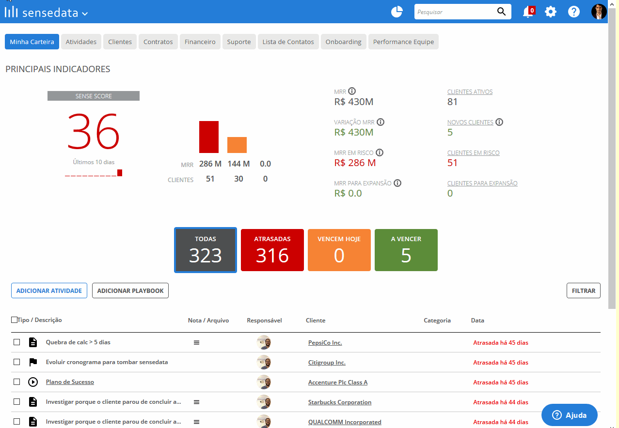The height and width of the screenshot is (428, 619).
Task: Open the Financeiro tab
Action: [200, 42]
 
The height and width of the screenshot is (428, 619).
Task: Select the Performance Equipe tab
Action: [403, 42]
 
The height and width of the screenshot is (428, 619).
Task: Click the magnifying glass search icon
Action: [501, 12]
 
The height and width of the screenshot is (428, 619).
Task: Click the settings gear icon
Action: [551, 12]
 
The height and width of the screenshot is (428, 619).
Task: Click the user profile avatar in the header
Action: [599, 12]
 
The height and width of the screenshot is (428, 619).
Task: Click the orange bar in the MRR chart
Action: [237, 145]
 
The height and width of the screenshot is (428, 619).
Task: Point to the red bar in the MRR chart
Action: [208, 137]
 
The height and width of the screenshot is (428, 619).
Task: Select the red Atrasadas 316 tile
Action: [272, 250]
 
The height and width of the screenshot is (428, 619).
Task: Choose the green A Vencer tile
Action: [406, 250]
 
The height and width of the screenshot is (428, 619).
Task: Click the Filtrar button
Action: [583, 290]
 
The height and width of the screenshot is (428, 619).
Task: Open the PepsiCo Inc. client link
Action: [325, 342]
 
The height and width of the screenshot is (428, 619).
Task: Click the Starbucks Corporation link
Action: [340, 402]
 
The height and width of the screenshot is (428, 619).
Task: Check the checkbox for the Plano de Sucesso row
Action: [17, 382]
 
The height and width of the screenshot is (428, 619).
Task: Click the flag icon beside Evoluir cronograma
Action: [33, 362]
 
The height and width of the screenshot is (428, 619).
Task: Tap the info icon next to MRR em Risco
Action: [380, 153]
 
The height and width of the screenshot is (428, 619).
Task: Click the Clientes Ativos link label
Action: [470, 92]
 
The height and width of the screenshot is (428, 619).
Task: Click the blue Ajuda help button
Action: [569, 415]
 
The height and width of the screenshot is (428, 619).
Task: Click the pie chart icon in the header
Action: [397, 12]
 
